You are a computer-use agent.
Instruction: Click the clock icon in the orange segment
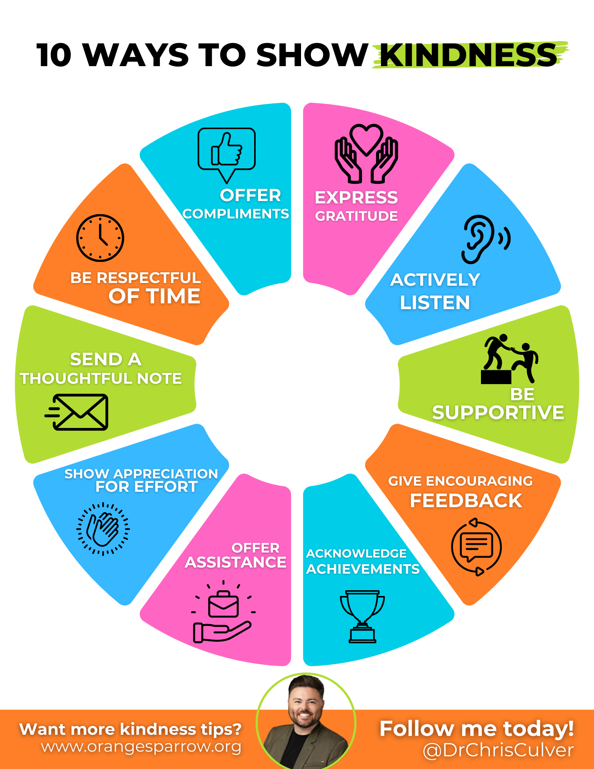pyautogui.click(x=100, y=238)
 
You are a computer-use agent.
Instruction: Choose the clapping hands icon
pyautogui.click(x=103, y=529)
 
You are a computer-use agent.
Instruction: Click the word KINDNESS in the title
pyautogui.click(x=469, y=55)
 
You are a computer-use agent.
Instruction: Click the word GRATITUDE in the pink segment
pyautogui.click(x=356, y=216)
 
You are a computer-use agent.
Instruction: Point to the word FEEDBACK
pyautogui.click(x=466, y=501)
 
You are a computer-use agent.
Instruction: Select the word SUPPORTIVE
pyautogui.click(x=498, y=413)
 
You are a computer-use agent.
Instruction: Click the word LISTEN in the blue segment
pyautogui.click(x=435, y=303)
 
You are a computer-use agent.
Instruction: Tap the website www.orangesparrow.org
pyautogui.click(x=141, y=747)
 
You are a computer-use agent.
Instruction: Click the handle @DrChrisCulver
pyautogui.click(x=498, y=750)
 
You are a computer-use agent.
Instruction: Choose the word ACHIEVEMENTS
pyautogui.click(x=363, y=569)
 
